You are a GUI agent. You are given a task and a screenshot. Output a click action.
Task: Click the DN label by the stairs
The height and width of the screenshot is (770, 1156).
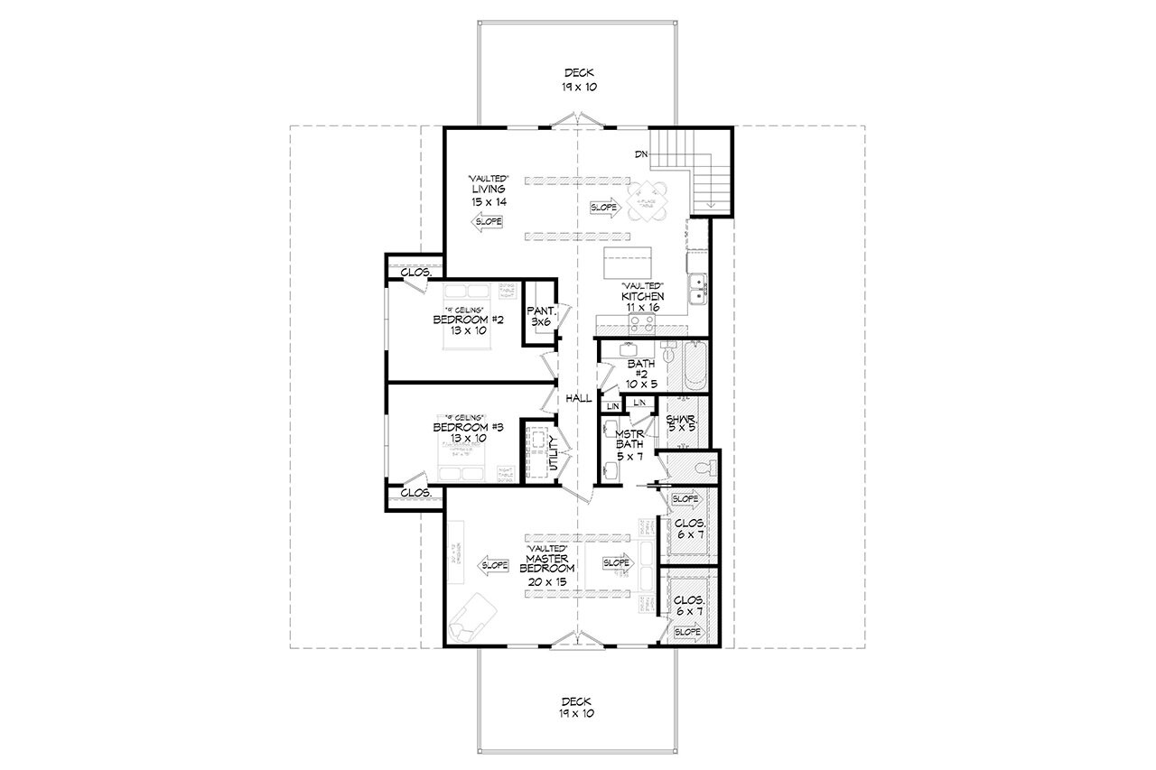641,155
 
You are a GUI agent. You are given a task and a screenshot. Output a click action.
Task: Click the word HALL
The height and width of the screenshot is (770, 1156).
579,398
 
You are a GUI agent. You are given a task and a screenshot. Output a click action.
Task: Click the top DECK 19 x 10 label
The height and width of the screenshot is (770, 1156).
578,80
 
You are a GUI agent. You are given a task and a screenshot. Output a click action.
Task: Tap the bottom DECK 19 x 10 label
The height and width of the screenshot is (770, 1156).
578,706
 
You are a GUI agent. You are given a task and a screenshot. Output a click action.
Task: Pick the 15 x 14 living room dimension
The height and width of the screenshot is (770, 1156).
487,201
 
